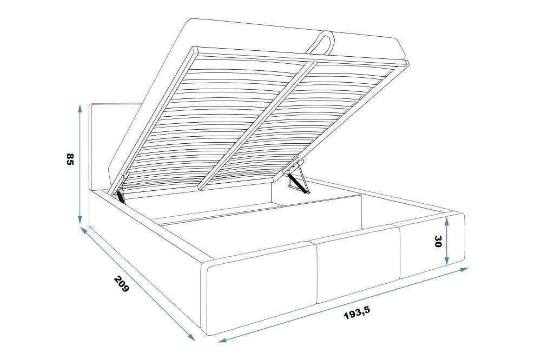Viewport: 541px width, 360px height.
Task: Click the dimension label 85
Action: click(70, 159)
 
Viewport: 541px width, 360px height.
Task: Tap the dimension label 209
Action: click(121, 284)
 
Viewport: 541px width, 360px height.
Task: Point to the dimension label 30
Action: click(438, 242)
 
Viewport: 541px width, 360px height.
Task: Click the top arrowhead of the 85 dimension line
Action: click(80, 109)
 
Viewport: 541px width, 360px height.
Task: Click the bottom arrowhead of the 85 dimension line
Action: click(80, 219)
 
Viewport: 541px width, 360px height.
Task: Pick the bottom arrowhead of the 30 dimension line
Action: click(447, 261)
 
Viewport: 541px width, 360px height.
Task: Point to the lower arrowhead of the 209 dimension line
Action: click(191, 337)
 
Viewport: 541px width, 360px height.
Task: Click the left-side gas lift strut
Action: click(121, 196)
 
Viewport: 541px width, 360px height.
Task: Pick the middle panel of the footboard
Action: click(357, 264)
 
